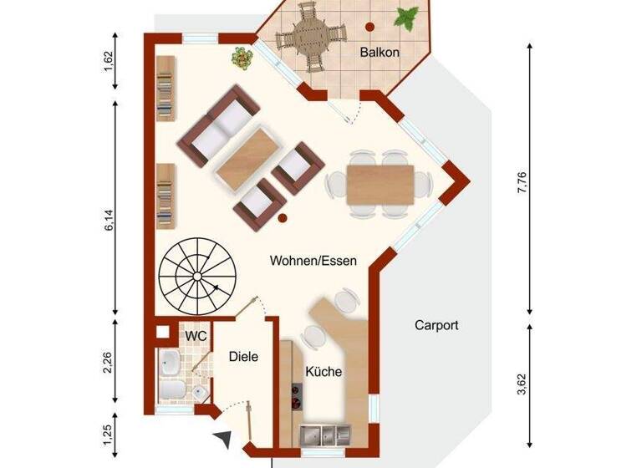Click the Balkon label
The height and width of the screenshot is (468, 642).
(x=380, y=53)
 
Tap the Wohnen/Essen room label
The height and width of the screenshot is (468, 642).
(x=313, y=261)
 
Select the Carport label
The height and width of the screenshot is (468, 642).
(x=436, y=325)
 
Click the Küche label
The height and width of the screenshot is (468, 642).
(x=323, y=372)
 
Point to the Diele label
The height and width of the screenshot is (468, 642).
(x=243, y=356)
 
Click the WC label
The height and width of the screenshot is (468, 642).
(x=195, y=334)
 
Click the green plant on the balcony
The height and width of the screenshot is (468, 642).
(x=409, y=16)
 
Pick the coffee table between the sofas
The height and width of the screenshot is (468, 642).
(x=247, y=156)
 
